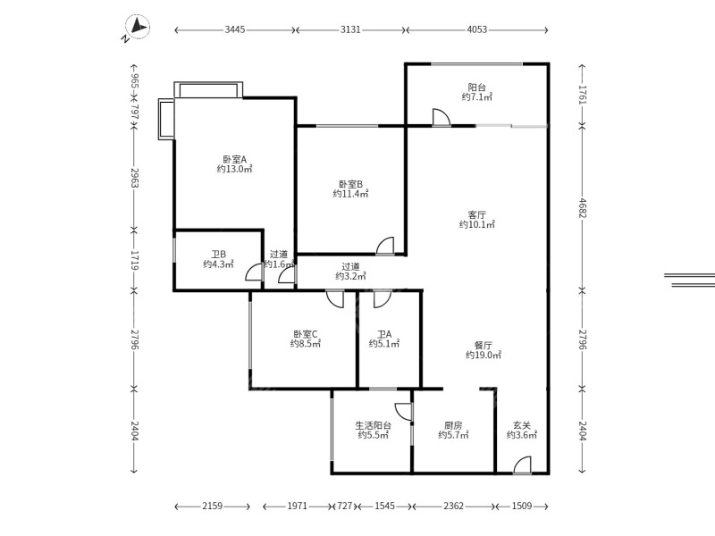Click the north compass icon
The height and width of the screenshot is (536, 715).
pyautogui.click(x=136, y=30)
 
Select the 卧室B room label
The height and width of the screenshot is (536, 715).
pyautogui.click(x=350, y=183)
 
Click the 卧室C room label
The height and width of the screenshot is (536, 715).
pyautogui.click(x=305, y=334)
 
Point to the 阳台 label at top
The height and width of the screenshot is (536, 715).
pyautogui.click(x=477, y=88)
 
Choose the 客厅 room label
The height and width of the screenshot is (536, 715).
pyautogui.click(x=476, y=215)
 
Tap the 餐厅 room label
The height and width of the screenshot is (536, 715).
pyautogui.click(x=483, y=345)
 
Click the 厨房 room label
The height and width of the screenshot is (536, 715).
pyautogui.click(x=453, y=426)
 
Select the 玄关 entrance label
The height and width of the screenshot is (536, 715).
pyautogui.click(x=521, y=426)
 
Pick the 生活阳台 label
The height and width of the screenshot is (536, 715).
pyautogui.click(x=371, y=426)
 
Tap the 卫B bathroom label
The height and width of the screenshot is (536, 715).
pyautogui.click(x=218, y=254)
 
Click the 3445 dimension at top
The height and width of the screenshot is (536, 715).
pyautogui.click(x=235, y=29)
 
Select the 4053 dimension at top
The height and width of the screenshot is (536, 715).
pyautogui.click(x=477, y=29)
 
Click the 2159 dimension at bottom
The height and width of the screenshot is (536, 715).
pyautogui.click(x=212, y=507)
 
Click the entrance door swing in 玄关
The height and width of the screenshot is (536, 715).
pyautogui.click(x=522, y=465)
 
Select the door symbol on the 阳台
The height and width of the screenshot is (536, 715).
pyautogui.click(x=441, y=117)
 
